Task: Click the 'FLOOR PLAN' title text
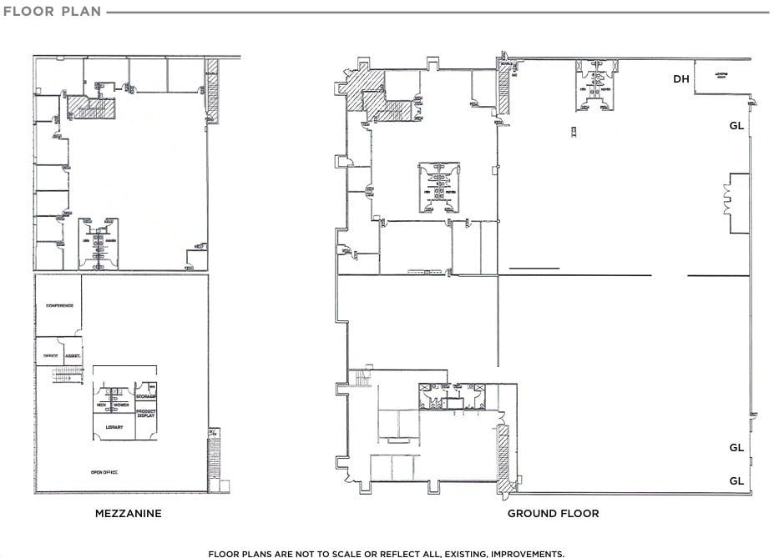click(x=52, y=12)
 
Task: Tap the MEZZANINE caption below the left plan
click(x=129, y=514)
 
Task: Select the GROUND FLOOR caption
click(x=553, y=514)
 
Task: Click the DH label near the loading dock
click(x=681, y=79)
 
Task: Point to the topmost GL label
click(x=736, y=127)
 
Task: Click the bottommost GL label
click(x=736, y=481)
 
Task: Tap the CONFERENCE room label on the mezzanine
click(x=59, y=306)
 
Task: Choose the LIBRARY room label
click(x=114, y=428)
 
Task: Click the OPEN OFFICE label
click(x=104, y=473)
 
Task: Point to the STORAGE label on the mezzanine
click(x=147, y=396)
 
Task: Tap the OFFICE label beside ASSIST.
click(x=50, y=356)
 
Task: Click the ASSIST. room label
click(x=73, y=356)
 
